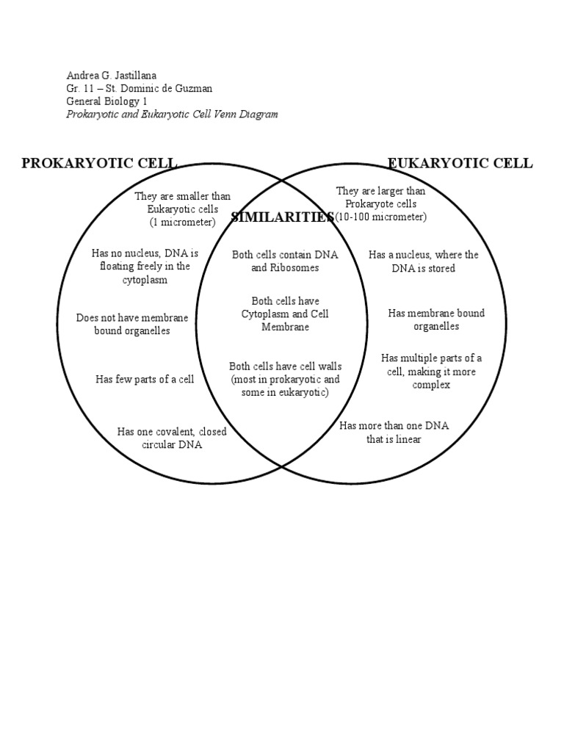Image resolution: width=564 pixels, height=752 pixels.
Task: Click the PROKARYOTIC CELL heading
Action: tap(99, 163)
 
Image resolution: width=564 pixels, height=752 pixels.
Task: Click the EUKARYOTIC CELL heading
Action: tap(460, 163)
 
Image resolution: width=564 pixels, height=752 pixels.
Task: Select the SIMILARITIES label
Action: tap(283, 217)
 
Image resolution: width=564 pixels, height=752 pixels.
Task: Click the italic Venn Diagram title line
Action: tap(173, 115)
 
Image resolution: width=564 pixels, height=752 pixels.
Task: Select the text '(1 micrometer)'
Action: tap(183, 222)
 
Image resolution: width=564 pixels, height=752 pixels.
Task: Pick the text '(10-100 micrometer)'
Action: tap(380, 217)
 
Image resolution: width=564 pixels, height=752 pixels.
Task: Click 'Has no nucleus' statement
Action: tap(145, 267)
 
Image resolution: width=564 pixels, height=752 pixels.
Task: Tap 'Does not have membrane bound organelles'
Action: tap(132, 324)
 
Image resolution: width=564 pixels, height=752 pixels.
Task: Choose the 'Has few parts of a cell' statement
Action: tap(145, 379)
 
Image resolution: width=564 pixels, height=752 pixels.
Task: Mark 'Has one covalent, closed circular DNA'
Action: tap(172, 438)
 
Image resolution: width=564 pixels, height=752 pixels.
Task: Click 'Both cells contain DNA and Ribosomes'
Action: tap(285, 261)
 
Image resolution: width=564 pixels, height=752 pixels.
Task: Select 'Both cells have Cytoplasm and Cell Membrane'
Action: tap(285, 314)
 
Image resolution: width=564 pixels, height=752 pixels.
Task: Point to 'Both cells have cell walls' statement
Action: tap(285, 379)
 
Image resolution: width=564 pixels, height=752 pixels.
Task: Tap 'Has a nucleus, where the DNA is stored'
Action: tap(423, 261)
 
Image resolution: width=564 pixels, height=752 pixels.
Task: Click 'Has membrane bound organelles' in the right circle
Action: tap(436, 319)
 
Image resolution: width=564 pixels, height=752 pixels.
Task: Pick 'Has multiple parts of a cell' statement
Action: tap(431, 371)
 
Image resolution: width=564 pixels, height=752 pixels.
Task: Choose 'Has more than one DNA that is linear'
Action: tap(394, 433)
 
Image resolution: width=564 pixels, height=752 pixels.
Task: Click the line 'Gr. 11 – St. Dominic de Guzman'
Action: tap(140, 88)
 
